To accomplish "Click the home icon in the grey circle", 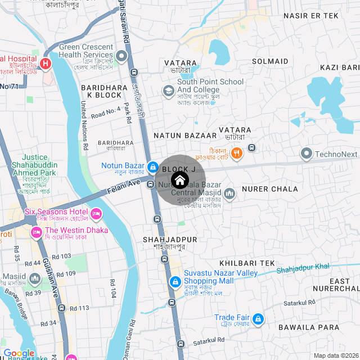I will click(x=179, y=180).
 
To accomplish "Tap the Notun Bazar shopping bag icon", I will click(x=152, y=167).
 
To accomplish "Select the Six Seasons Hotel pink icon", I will click(x=96, y=214).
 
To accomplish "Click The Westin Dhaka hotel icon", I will click(x=37, y=231).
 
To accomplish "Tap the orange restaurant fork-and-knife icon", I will click(x=237, y=152).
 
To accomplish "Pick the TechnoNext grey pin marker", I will click(x=307, y=153).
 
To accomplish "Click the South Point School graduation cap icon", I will click(x=168, y=91).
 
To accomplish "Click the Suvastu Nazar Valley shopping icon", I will click(x=175, y=281).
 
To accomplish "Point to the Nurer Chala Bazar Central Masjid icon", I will click(x=229, y=194).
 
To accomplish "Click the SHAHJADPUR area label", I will click(x=169, y=239).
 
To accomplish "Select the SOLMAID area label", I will click(x=271, y=60).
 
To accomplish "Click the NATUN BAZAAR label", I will click(x=185, y=136).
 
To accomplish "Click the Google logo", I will click(x=19, y=353).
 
